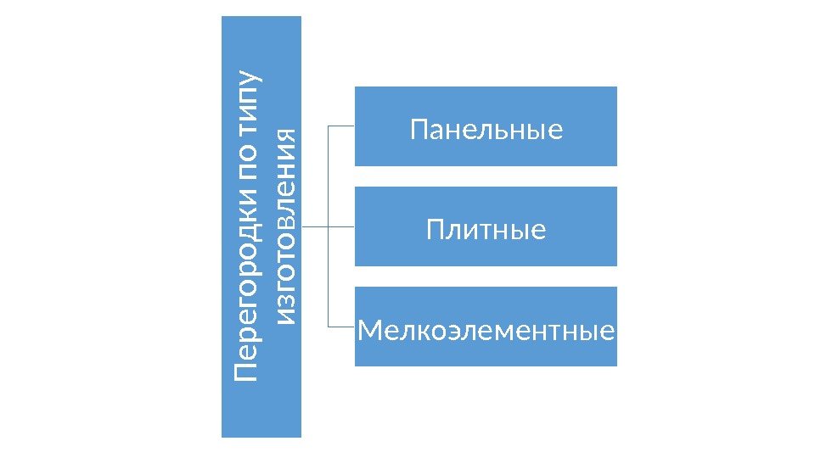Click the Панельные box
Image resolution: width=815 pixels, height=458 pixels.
pyautogui.click(x=486, y=126)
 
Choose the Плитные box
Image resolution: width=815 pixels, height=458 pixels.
pyautogui.click(x=486, y=226)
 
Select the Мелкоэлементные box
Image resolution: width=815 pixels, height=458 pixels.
pyautogui.click(x=486, y=327)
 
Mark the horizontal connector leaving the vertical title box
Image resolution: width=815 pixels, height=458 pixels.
pyautogui.click(x=314, y=226)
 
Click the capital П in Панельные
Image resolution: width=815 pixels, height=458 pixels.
pyautogui.click(x=418, y=131)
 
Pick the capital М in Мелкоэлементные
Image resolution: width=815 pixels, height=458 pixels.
pyautogui.click(x=368, y=329)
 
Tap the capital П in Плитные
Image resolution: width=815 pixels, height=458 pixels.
pyautogui.click(x=435, y=229)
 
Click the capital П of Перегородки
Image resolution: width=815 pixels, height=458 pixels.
pyautogui.click(x=247, y=372)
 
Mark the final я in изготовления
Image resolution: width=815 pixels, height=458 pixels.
pyautogui.click(x=287, y=136)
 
